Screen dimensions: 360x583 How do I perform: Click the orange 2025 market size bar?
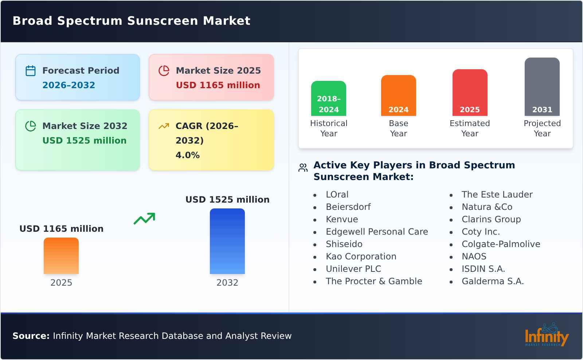tap(61, 256)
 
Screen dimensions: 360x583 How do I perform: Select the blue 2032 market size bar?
tap(227, 241)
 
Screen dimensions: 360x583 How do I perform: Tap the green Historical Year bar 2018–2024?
tap(328, 98)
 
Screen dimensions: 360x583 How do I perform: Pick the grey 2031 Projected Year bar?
tap(542, 87)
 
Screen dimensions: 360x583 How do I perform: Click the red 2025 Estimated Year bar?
tap(470, 93)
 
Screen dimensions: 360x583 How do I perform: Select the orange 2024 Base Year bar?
tap(398, 95)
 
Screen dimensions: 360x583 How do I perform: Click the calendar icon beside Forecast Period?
tap(31, 71)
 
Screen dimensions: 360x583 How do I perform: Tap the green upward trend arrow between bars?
tap(144, 219)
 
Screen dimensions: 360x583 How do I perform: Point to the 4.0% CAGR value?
tap(187, 155)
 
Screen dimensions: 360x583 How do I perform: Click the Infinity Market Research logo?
tap(546, 335)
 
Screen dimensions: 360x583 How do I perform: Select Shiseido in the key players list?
tap(344, 244)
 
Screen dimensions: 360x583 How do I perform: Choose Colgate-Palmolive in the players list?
tap(501, 244)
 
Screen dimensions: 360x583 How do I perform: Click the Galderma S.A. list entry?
tap(492, 281)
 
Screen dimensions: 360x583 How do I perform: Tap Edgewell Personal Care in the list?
tap(377, 232)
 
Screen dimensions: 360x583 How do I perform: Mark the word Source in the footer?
tap(31, 336)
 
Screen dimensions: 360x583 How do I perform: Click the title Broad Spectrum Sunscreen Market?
tap(132, 21)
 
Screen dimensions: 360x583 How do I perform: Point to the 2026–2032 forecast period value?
tap(69, 85)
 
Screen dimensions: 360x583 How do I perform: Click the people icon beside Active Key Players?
tap(303, 168)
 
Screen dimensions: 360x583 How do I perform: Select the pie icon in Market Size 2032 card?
tap(31, 126)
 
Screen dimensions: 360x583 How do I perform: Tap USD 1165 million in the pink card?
tap(218, 85)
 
